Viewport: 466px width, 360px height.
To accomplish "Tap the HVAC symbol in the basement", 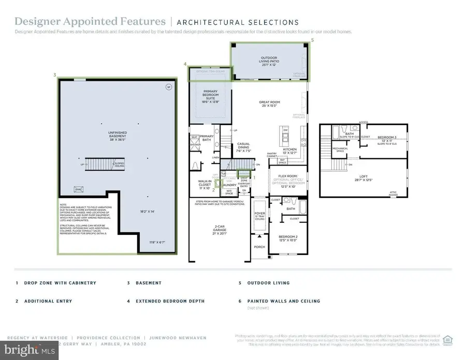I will pyautogui.click(x=79, y=189).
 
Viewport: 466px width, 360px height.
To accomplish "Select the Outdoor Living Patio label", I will pyautogui.click(x=269, y=60).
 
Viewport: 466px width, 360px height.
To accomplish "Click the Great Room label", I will pyautogui.click(x=269, y=104).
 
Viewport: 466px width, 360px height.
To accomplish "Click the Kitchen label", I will pyautogui.click(x=289, y=151).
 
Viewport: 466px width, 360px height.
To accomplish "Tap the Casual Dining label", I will pyautogui.click(x=243, y=147).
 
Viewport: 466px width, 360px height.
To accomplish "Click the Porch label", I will pyautogui.click(x=259, y=247).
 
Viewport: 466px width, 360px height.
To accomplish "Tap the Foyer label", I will pyautogui.click(x=259, y=214).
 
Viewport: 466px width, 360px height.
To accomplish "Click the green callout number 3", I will pyautogui.click(x=54, y=75).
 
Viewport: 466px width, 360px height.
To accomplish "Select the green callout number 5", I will pyautogui.click(x=312, y=40).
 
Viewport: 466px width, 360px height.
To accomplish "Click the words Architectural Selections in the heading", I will pyautogui.click(x=238, y=22).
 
